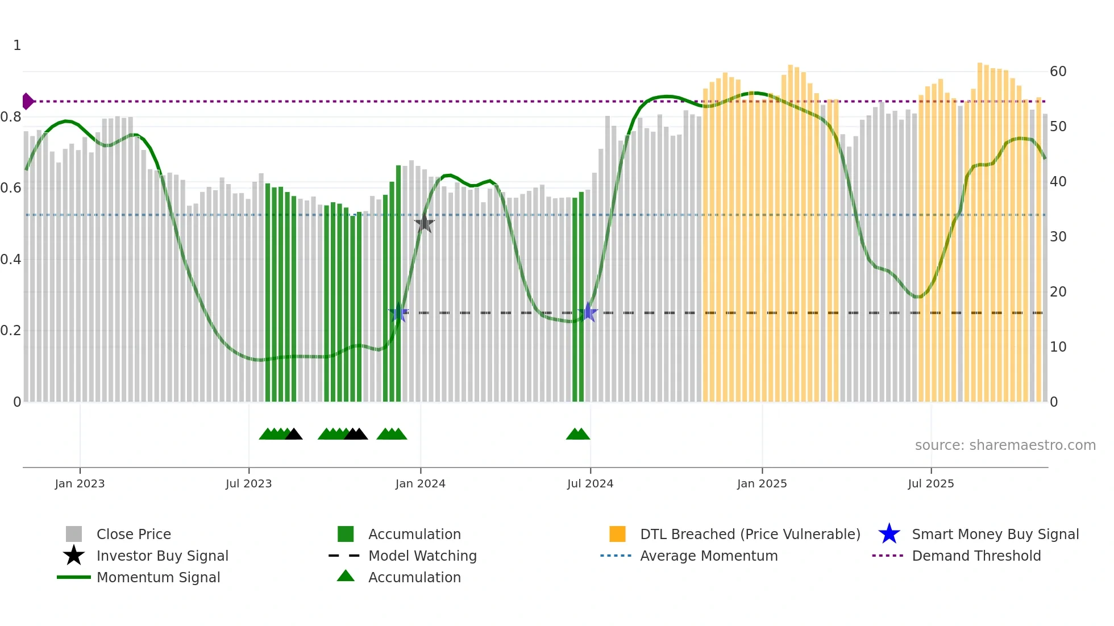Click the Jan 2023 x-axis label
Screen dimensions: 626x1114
coord(80,483)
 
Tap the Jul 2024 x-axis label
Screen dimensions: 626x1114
coord(590,483)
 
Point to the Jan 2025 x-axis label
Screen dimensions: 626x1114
coord(762,483)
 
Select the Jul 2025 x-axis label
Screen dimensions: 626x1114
coord(930,483)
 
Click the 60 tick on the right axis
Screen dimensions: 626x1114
coord(1058,72)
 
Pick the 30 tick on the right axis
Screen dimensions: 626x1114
coord(1058,237)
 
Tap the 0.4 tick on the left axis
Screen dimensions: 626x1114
coord(11,260)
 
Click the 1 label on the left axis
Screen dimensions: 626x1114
coord(17,45)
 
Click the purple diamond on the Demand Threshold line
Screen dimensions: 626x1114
coord(27,101)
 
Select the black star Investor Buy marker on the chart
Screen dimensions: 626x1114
coord(424,223)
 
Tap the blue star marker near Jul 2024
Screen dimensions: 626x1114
coord(588,312)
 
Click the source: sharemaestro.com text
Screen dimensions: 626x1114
coord(1005,445)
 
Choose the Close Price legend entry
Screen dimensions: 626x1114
coord(133,534)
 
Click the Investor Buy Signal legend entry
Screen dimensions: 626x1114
coord(162,556)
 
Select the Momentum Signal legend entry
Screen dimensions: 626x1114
coord(158,577)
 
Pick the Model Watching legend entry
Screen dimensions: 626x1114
coord(422,556)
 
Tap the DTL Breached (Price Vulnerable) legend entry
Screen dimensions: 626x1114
coord(750,534)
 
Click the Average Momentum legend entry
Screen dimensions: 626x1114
coord(708,556)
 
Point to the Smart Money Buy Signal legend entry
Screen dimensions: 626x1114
coord(995,534)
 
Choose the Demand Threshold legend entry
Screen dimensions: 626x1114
coord(976,556)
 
